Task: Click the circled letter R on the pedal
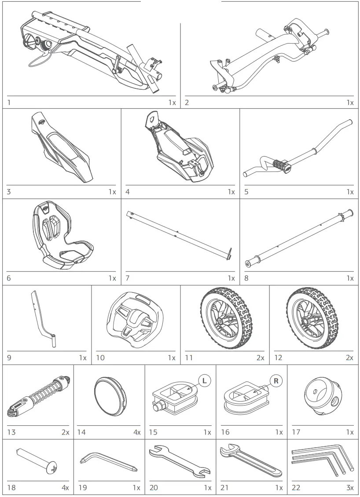[276, 381]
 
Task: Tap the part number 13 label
[11, 432]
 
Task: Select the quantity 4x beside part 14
[137, 432]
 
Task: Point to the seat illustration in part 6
[61, 235]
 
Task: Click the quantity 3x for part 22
[349, 487]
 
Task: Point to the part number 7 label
[128, 278]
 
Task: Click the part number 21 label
[225, 487]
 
